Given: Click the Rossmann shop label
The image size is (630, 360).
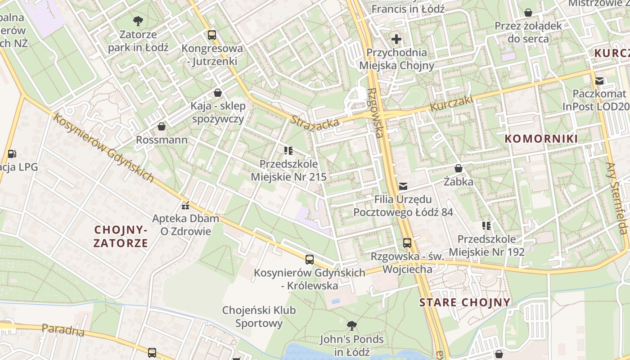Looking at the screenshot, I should pos(162,140).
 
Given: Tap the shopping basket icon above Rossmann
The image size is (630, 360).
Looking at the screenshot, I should pos(162,126).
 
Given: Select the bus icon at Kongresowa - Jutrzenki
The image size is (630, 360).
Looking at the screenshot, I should pos(211,35).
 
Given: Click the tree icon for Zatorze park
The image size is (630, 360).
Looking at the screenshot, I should pos(138,20).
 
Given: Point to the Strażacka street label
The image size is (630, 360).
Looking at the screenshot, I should pos(315,121).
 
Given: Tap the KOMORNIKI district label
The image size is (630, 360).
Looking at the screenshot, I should pos(541,139).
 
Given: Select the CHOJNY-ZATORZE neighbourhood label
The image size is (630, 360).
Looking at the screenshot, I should pos(121,237).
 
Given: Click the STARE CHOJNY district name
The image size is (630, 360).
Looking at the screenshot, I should pos(465,302).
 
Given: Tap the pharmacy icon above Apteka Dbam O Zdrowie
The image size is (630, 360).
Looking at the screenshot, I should pos(185,206).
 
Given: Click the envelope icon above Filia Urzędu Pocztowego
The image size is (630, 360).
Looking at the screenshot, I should pos(403,186).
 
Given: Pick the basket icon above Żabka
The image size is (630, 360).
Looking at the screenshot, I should pos(458,169).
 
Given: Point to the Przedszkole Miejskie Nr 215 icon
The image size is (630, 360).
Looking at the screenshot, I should pos(288,150).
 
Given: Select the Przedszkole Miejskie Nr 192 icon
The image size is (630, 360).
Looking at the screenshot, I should pos(486,225).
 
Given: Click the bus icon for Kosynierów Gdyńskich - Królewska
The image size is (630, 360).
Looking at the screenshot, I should pos(309,259).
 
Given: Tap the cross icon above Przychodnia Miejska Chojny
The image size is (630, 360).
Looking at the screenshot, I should pos(396,39).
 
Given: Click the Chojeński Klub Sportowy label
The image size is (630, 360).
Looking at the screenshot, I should pos(259,316).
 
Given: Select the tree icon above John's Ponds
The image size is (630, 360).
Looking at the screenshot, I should pos(351,325).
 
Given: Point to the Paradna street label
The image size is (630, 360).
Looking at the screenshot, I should pos(63,329).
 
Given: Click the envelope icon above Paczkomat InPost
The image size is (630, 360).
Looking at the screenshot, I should pos(599,81).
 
